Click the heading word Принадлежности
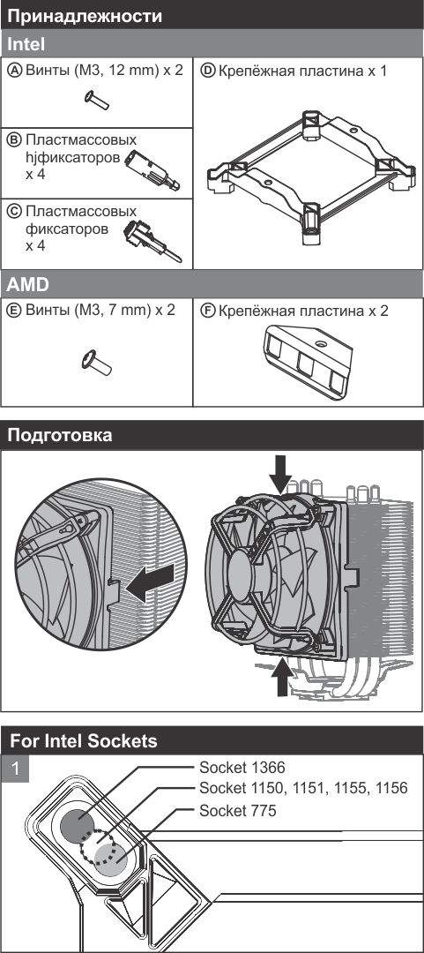(85, 16)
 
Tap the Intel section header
(212, 44)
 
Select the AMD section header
(212, 284)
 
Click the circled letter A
(18, 70)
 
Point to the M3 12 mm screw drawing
(97, 100)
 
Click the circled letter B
(18, 140)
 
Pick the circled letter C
(18, 212)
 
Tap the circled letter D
(208, 71)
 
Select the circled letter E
(18, 311)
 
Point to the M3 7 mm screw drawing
(97, 363)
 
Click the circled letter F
(208, 311)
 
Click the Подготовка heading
(60, 435)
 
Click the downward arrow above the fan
(280, 475)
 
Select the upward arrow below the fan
(280, 677)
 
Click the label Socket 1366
(242, 767)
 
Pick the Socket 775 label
(237, 811)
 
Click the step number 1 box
(15, 769)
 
